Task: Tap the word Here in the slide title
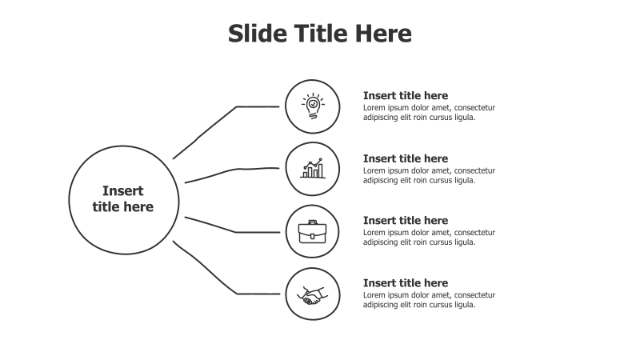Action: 383,33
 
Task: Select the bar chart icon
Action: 313,168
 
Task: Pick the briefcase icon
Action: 312,231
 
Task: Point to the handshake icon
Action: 312,295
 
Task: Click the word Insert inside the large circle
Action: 123,191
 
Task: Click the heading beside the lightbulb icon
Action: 406,95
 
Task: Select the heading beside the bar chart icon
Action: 406,158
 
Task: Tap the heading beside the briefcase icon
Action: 406,221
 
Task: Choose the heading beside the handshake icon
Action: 406,283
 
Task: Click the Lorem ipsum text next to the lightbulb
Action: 429,113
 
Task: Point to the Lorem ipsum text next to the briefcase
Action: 429,237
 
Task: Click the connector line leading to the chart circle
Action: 233,170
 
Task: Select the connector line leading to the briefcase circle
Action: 233,231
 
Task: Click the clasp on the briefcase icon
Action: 312,236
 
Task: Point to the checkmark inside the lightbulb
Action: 313,104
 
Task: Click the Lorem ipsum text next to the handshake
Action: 429,299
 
